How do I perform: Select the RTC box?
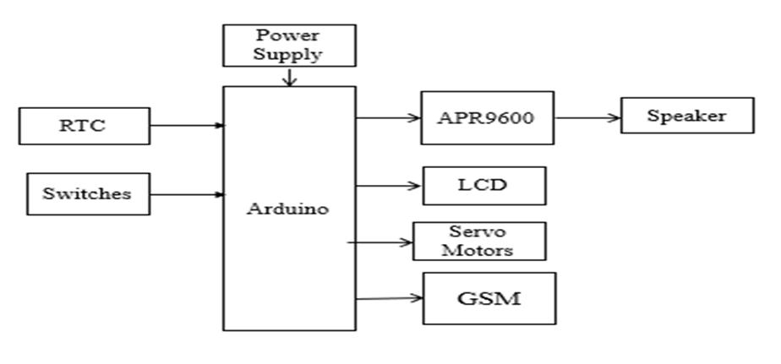point(84,126)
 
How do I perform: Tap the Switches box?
point(88,193)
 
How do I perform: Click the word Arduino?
point(288,209)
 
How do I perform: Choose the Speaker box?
point(686,116)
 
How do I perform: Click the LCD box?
point(483,185)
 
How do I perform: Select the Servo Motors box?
point(478,241)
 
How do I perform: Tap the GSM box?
point(489,297)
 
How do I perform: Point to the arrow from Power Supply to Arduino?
point(289,76)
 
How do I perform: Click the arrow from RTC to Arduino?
point(186,126)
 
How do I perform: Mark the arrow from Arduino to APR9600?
point(389,117)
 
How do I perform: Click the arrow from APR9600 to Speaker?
point(587,117)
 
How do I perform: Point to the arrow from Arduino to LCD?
point(389,185)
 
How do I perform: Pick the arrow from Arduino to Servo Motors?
point(380,242)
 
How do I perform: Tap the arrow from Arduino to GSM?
point(389,297)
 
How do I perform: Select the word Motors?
point(478,250)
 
